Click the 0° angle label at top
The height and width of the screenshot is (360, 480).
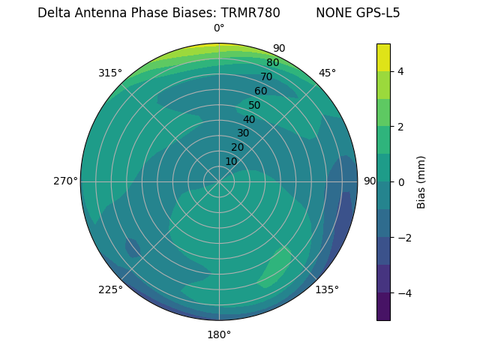pyautogui.click(x=219, y=28)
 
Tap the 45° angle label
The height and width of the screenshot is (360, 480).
pyautogui.click(x=327, y=73)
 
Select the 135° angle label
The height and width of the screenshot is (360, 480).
pyautogui.click(x=327, y=289)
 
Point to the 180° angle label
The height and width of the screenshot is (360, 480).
pyautogui.click(x=219, y=334)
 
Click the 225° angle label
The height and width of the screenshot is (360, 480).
pyautogui.click(x=110, y=289)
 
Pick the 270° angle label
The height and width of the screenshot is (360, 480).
pyautogui.click(x=65, y=181)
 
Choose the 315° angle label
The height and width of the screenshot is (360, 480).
pyautogui.click(x=110, y=73)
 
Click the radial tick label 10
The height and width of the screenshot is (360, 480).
pyautogui.click(x=231, y=161)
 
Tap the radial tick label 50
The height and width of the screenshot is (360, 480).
pyautogui.click(x=255, y=106)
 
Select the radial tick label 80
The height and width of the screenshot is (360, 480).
pyautogui.click(x=273, y=62)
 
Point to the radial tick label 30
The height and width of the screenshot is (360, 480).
pyautogui.click(x=243, y=133)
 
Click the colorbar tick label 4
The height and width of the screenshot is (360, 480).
pyautogui.click(x=400, y=71)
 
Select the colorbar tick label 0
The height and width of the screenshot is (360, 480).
pyautogui.click(x=400, y=181)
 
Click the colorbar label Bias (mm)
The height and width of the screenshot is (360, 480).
pyautogui.click(x=421, y=181)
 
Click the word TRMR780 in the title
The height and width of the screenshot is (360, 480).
pyautogui.click(x=250, y=13)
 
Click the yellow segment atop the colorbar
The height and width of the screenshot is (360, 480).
pyautogui.click(x=383, y=57)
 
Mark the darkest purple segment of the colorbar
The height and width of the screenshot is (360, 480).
pyautogui.click(x=383, y=306)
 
